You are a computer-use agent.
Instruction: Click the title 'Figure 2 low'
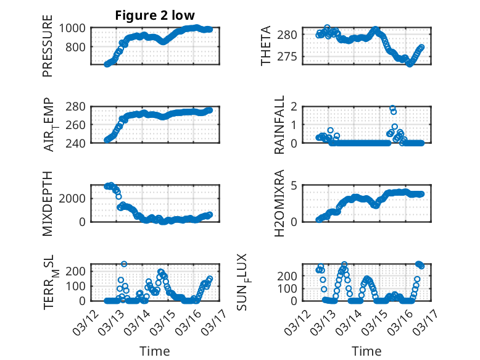pyautogui.click(x=155, y=15)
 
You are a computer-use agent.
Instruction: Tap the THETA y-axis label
pyautogui.click(x=266, y=46)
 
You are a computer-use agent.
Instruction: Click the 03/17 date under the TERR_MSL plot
pyautogui.click(x=217, y=316)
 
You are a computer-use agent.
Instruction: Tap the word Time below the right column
pyautogui.click(x=366, y=351)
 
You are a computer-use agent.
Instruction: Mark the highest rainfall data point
pyautogui.click(x=392, y=108)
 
